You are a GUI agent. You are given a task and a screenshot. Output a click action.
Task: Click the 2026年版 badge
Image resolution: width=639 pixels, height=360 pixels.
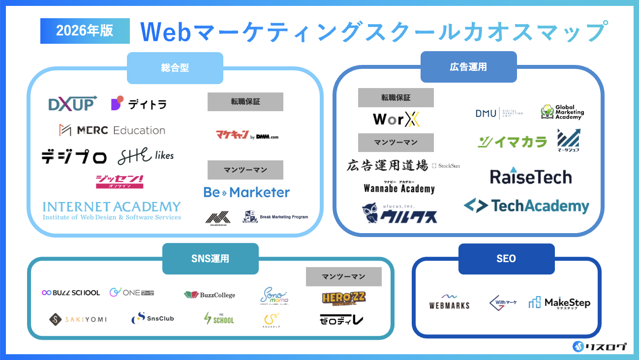click(85, 31)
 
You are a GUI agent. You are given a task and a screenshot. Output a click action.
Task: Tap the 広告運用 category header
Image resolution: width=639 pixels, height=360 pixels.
click(468, 67)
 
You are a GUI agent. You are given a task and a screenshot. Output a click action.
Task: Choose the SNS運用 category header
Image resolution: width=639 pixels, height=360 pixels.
click(210, 258)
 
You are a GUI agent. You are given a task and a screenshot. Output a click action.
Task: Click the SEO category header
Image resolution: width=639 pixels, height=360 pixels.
click(506, 259)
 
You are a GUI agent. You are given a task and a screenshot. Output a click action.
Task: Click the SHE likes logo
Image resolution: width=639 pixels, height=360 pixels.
click(146, 156)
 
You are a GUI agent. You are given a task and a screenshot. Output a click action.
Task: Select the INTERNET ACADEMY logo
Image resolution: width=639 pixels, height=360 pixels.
click(112, 210)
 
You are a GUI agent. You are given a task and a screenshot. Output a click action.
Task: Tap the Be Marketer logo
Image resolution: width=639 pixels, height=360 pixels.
click(246, 192)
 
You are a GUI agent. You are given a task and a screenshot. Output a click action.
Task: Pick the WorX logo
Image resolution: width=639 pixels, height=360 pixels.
click(396, 120)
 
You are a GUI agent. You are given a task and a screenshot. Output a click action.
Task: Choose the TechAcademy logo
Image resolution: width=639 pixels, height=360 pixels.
click(526, 206)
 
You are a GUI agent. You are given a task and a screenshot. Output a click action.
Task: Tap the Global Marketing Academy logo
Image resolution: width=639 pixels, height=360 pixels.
click(562, 112)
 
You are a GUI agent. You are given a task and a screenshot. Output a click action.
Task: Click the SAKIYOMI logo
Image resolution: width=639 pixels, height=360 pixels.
click(78, 319)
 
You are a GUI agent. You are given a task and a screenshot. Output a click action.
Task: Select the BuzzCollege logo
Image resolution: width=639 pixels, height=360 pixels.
click(210, 295)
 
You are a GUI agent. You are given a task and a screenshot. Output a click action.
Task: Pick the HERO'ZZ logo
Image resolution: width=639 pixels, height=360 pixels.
click(343, 298)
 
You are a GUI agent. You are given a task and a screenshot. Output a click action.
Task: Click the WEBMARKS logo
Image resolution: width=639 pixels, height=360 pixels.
click(449, 302)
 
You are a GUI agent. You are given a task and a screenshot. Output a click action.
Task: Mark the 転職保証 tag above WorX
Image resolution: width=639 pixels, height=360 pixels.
click(396, 97)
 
